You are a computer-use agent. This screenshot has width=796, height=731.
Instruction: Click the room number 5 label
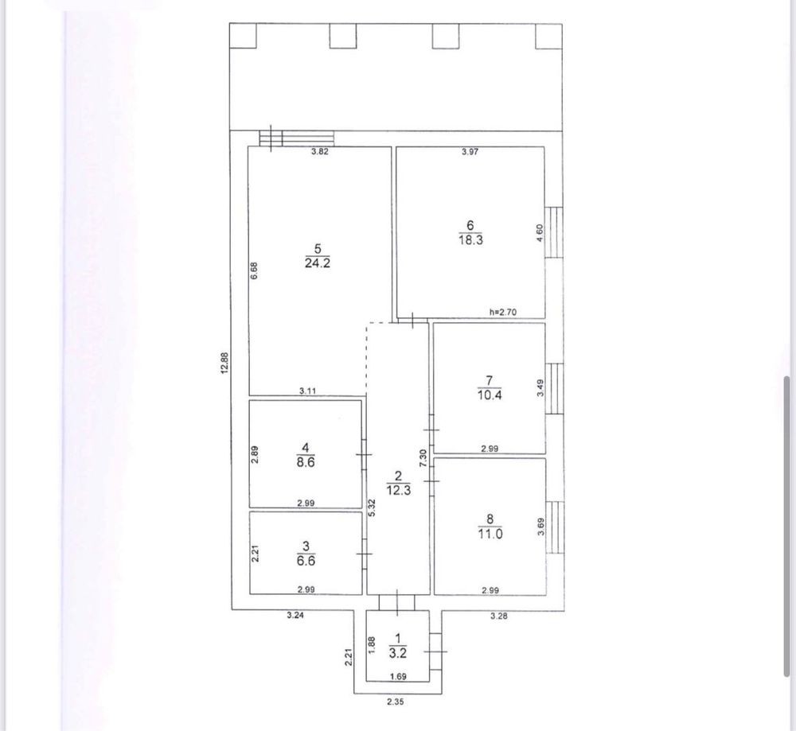pyautogui.click(x=318, y=249)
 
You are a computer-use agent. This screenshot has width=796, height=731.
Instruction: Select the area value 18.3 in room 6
pyautogui.click(x=470, y=240)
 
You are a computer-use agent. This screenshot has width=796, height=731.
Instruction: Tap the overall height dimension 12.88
pyautogui.click(x=225, y=364)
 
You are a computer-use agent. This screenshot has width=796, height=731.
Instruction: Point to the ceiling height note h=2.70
pyautogui.click(x=502, y=312)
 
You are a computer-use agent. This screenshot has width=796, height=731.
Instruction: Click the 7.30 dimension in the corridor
pyautogui.click(x=423, y=459)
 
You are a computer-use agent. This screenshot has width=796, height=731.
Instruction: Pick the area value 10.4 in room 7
pyautogui.click(x=490, y=395)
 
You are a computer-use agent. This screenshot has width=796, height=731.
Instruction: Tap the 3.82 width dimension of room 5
pyautogui.click(x=319, y=150)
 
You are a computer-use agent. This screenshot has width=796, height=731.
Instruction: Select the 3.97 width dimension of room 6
pyautogui.click(x=470, y=151)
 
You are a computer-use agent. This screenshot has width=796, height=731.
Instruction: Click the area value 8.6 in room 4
pyautogui.click(x=305, y=462)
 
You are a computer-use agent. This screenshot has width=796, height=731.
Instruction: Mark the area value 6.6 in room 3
pyautogui.click(x=306, y=561)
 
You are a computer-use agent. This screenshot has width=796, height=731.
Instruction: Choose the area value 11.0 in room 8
pyautogui.click(x=490, y=534)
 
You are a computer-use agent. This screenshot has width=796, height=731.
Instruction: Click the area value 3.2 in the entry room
pyautogui.click(x=398, y=653)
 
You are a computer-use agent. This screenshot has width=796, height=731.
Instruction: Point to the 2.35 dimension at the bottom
pyautogui.click(x=396, y=702)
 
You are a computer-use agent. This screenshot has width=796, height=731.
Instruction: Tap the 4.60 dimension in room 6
pyautogui.click(x=540, y=233)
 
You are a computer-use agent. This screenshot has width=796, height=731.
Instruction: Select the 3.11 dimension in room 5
pyautogui.click(x=307, y=391)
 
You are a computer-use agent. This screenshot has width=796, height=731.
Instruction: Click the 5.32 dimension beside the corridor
pyautogui.click(x=372, y=507)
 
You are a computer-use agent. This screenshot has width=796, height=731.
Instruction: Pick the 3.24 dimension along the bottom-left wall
pyautogui.click(x=295, y=616)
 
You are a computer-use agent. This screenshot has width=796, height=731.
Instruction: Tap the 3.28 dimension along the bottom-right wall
pyautogui.click(x=498, y=616)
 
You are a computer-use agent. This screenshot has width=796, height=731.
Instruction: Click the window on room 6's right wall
pyautogui.click(x=554, y=231)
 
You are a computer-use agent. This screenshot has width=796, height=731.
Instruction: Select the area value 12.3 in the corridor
pyautogui.click(x=399, y=490)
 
